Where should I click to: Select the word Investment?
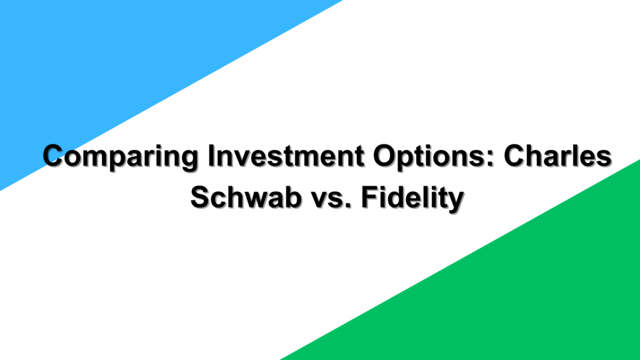[286, 156]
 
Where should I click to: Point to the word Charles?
[557, 156]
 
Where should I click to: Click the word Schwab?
[246, 197]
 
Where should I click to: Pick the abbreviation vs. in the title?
[331, 200]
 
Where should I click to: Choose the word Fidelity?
[412, 199]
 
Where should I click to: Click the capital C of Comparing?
[54, 156]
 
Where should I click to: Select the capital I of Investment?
[211, 156]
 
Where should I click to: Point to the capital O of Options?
[385, 156]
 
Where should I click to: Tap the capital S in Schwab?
[201, 197]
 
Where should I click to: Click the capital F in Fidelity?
[369, 197]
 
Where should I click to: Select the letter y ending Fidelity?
[456, 202]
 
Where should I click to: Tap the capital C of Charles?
[515, 156]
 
